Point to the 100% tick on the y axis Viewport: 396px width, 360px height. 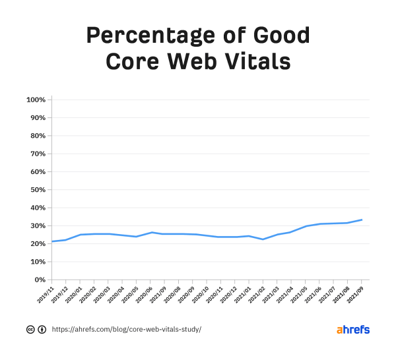[36, 100]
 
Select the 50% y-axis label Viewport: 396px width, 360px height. [37, 190]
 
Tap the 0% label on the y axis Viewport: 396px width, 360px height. [40, 280]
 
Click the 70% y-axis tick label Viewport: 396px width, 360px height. [37, 154]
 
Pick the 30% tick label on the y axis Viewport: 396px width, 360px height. [37, 226]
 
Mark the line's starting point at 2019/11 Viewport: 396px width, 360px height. [52, 241]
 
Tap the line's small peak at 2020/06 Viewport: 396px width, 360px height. [152, 232]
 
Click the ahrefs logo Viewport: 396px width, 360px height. [353, 330]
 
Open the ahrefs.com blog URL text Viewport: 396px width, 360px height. [126, 330]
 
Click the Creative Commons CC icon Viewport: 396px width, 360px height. [30, 330]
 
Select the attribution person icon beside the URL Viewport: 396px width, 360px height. [42, 330]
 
